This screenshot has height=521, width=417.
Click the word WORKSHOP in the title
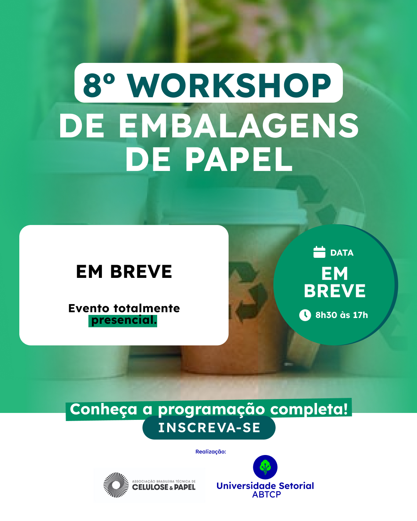point(229,86)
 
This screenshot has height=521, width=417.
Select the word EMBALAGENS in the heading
point(239,126)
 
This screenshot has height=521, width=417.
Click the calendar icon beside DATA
point(319,252)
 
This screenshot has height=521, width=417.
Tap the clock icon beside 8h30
point(305,315)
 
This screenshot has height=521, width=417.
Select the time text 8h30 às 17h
point(341,315)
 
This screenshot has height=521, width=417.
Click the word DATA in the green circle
point(342,253)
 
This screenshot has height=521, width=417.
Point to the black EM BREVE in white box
point(124,272)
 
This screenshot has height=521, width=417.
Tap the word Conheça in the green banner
point(103,409)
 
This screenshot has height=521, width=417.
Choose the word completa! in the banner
point(309,409)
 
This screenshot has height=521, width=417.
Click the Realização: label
point(210,452)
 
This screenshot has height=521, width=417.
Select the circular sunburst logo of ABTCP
point(116,485)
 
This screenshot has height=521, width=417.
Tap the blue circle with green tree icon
point(265,467)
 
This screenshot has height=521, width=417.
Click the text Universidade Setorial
point(265,486)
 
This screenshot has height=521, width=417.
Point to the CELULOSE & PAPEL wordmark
point(164,487)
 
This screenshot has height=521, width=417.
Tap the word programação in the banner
point(211,410)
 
